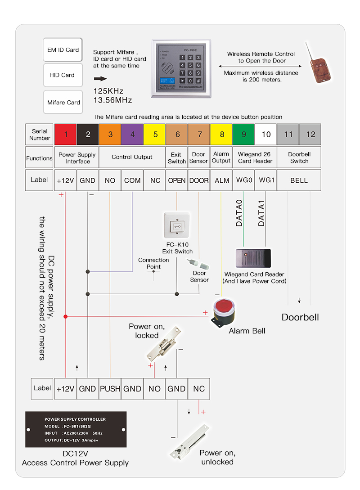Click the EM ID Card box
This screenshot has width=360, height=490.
[x=63, y=50]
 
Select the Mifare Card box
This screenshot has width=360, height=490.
[x=63, y=103]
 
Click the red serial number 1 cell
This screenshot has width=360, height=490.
[x=66, y=134]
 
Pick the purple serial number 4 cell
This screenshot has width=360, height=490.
[x=132, y=134]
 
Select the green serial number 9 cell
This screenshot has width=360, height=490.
[x=243, y=134]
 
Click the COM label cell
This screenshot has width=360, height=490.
[x=132, y=180]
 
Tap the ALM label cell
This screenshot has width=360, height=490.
[x=221, y=180]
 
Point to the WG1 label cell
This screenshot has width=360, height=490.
[x=265, y=180]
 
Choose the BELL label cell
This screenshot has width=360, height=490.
[x=299, y=180]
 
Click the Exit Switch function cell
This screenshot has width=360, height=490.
[x=177, y=157]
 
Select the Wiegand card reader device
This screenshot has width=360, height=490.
[x=253, y=259]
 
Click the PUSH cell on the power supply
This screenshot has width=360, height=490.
[x=110, y=389]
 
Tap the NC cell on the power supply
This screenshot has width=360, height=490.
[x=198, y=389]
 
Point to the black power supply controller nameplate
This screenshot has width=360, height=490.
[x=76, y=429]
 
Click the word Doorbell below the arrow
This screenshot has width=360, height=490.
[x=300, y=317]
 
